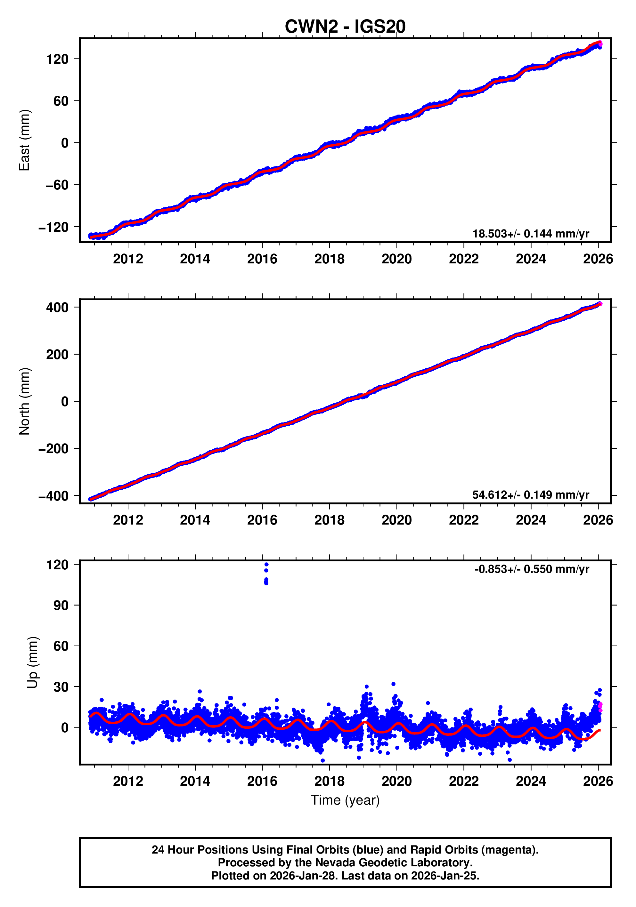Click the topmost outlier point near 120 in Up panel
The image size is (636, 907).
click(x=266, y=565)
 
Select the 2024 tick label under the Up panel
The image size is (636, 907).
click(x=530, y=781)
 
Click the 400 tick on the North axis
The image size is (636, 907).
click(x=57, y=307)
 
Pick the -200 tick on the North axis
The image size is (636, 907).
click(x=53, y=449)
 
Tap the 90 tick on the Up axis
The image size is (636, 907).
click(x=61, y=605)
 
